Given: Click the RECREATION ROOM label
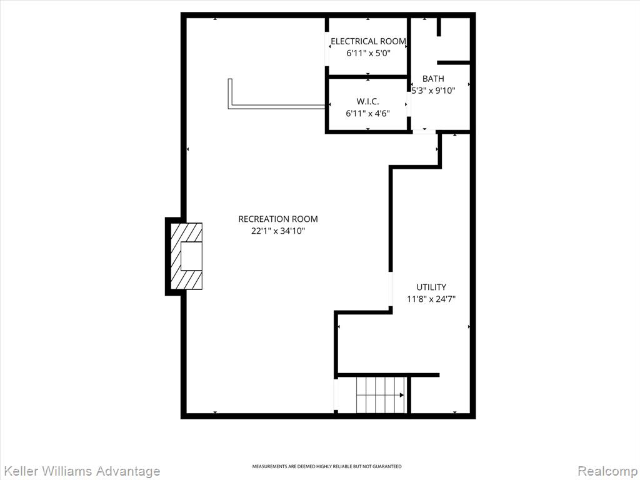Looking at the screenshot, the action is [x=278, y=219].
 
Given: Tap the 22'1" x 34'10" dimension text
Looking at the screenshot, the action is [x=278, y=231].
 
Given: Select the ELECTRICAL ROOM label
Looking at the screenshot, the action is [x=368, y=41].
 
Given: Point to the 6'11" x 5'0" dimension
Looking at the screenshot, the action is [x=369, y=53].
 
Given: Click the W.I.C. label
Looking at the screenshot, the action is [x=367, y=102].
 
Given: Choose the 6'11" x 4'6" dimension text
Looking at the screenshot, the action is [x=367, y=114].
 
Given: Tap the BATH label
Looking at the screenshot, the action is [x=433, y=79].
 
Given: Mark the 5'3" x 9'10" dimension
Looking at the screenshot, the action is [x=433, y=91].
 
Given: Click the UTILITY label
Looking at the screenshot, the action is [x=431, y=287].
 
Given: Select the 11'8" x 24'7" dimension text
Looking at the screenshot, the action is [x=431, y=299].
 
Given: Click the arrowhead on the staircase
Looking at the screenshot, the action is [x=402, y=395].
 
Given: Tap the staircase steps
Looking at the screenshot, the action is [x=381, y=395].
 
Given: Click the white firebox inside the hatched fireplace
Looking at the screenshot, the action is [x=191, y=256].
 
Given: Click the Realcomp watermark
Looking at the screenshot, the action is [x=607, y=471].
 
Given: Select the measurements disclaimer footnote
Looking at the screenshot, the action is [x=326, y=466].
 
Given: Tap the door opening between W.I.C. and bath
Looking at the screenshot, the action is [x=409, y=104].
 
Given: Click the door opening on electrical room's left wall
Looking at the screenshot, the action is [x=327, y=49].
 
